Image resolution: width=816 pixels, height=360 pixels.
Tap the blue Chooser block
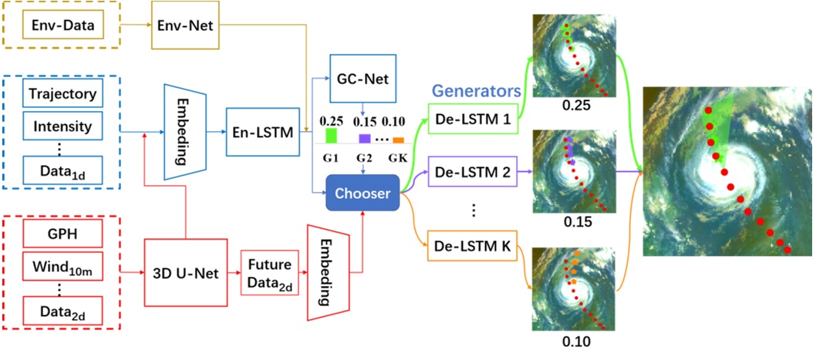362,193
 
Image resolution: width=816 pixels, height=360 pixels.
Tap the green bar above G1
332,136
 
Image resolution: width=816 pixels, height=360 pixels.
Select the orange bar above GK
398,140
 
